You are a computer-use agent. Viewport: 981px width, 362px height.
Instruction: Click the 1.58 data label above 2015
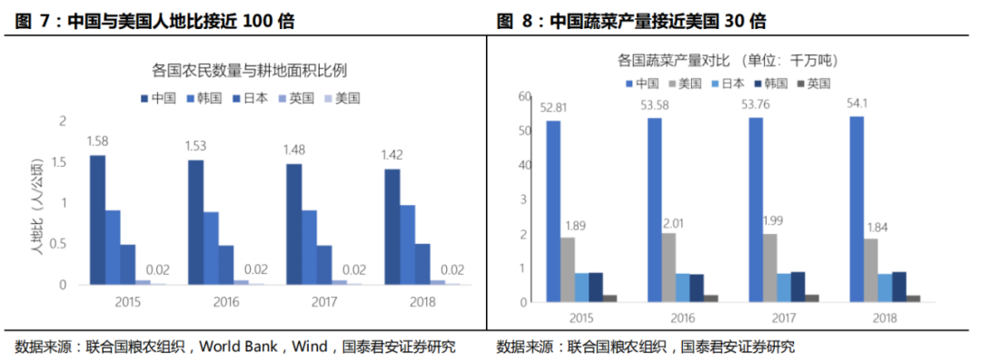point(98,141)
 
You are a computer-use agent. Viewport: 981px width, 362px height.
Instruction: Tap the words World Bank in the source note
point(238,346)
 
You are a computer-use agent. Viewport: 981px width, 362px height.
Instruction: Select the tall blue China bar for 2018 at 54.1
point(857,209)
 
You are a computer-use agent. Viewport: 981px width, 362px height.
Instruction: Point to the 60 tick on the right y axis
point(524,95)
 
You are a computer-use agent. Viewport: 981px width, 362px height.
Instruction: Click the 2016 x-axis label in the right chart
point(683,318)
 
